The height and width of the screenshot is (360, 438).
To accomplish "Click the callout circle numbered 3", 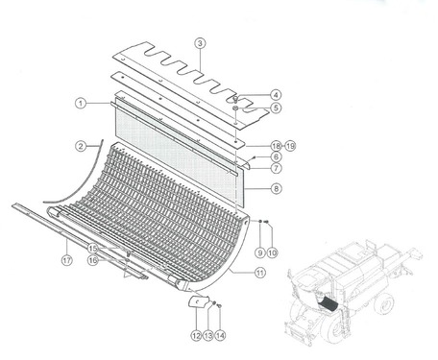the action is (200, 43).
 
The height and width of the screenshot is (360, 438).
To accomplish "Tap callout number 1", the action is (81, 104).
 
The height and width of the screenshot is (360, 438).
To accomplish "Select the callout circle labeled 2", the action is (81, 147).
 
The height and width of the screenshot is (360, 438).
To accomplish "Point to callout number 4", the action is (276, 95).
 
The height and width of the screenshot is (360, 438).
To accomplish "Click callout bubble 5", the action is (276, 108).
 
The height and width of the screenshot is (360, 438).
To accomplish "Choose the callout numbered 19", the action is (290, 146).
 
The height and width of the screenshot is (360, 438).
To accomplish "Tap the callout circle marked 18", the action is (276, 146).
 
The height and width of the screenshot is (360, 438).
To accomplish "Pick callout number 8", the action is (277, 188).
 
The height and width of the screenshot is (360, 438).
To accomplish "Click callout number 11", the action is (260, 273).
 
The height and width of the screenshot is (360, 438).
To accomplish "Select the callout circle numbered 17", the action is (67, 260).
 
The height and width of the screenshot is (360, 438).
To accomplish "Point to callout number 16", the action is (93, 260).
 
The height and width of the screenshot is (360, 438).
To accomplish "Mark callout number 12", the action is (196, 335).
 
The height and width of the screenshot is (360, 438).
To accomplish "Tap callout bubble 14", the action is (220, 335).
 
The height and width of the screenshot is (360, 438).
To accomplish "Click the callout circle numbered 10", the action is (272, 252).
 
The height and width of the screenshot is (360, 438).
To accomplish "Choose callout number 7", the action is (277, 168).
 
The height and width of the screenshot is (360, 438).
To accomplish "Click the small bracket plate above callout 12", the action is (197, 301).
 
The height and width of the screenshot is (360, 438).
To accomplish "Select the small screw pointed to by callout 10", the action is (266, 222).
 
